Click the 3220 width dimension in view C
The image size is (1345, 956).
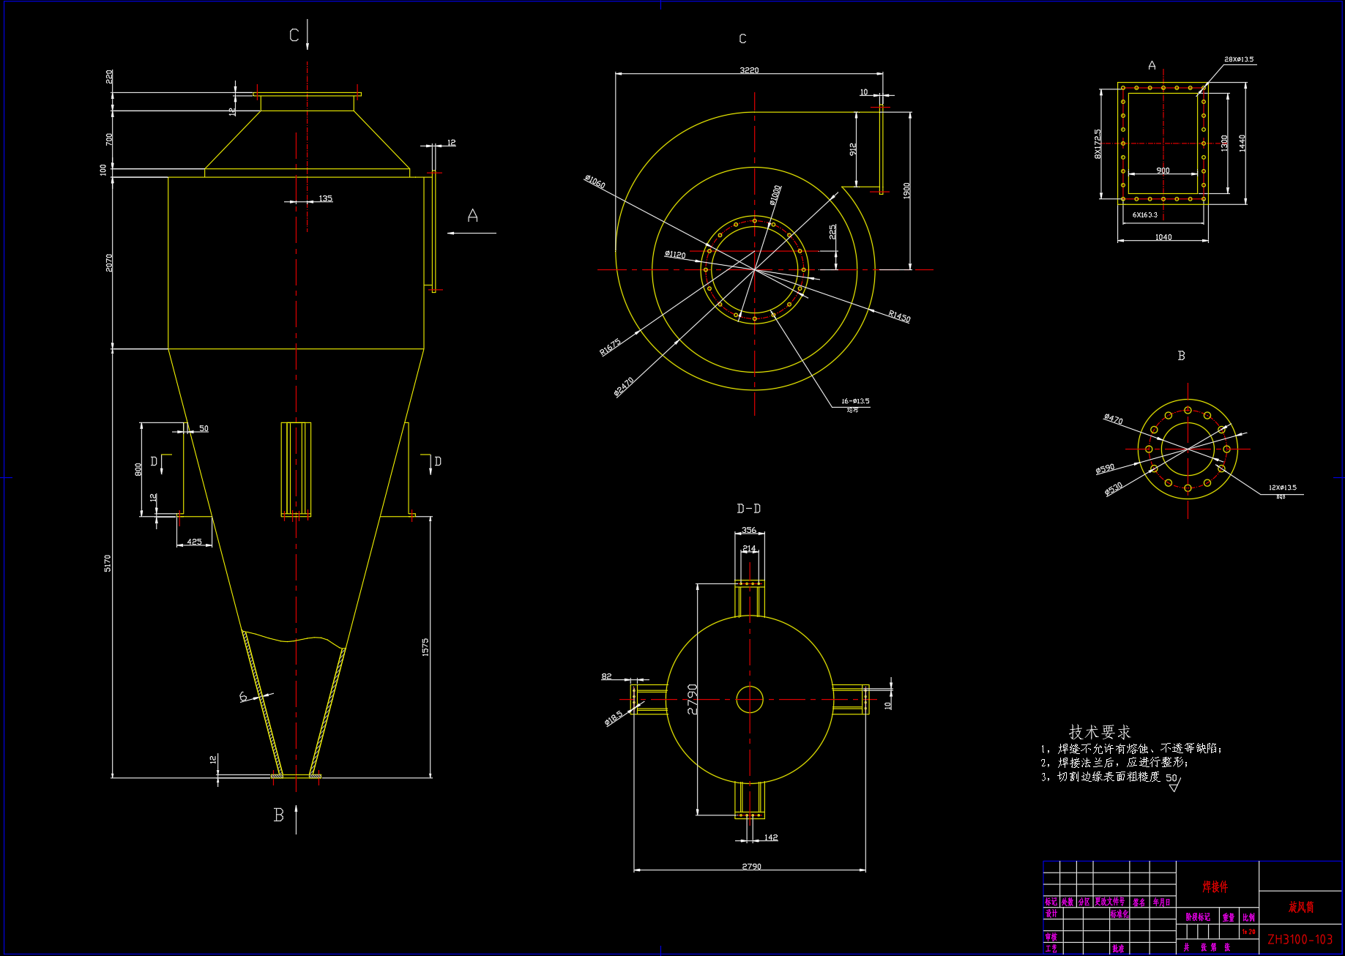pos(749,70)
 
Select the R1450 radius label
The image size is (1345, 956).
pos(899,316)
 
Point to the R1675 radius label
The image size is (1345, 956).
pos(610,346)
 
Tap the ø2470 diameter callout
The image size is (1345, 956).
pos(624,386)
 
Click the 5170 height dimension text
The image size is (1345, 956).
pos(108,563)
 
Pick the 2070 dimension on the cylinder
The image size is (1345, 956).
pos(109,263)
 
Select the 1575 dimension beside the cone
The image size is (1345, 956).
pos(425,647)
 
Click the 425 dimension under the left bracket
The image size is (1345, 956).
pos(194,542)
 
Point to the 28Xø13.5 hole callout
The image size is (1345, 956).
pos(1239,59)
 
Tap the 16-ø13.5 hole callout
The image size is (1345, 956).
pos(855,401)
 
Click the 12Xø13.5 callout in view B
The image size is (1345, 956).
pos(1282,488)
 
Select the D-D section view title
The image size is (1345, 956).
pos(748,509)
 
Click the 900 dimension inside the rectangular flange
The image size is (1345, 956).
pos(1163,171)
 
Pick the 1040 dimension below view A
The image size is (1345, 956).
pos(1163,237)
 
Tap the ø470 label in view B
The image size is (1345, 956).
pos(1114,419)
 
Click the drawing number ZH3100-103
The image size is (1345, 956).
pos(1300,939)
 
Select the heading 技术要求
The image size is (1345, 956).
pos(1099,732)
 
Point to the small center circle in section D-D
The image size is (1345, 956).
pos(749,699)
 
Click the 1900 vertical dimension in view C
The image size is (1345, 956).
pos(906,191)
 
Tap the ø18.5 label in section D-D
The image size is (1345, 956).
pos(614,718)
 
